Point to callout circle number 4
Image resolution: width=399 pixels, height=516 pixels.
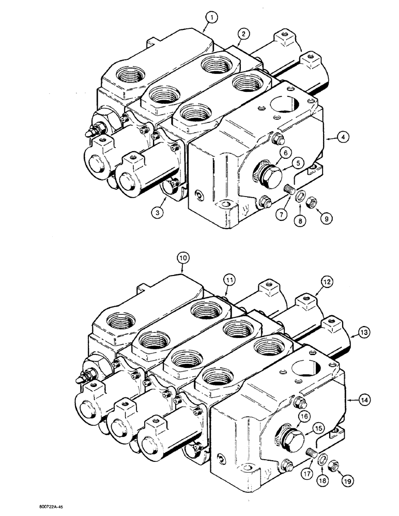[x=342, y=137]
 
